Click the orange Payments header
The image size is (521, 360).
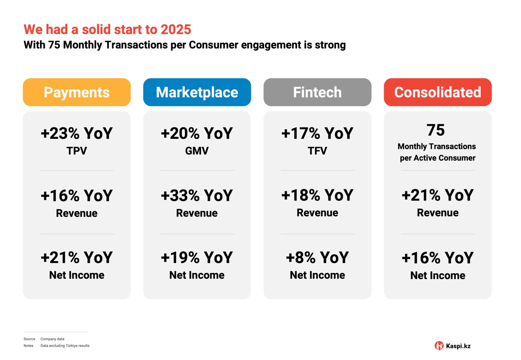76,92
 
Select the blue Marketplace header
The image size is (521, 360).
197,92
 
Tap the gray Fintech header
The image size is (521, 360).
317,92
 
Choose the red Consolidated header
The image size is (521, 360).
437,92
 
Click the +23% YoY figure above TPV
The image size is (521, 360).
76,134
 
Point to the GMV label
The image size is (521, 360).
197,151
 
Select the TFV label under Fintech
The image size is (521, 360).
317,151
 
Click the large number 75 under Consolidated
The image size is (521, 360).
436,130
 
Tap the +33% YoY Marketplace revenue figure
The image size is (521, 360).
197,195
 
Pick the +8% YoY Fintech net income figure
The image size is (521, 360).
317,258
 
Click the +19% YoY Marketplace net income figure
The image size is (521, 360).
197,258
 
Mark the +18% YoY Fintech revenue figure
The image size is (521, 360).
317,195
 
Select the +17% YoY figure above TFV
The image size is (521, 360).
317,134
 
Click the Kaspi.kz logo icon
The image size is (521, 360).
439,346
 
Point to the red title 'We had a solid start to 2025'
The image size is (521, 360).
107,29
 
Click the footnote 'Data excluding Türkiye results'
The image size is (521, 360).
65,346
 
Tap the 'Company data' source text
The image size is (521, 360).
52,339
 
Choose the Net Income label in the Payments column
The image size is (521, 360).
76,275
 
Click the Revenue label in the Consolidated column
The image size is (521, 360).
437,213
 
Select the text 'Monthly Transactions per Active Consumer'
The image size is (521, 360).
437,152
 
